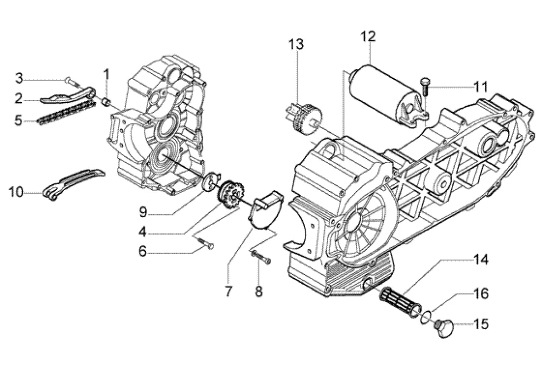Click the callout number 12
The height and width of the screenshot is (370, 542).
click(x=368, y=37)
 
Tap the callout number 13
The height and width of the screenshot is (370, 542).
click(x=296, y=44)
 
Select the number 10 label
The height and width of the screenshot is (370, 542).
click(x=16, y=192)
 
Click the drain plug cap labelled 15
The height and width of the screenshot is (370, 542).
click(x=445, y=327)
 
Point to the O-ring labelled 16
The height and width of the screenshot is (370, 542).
click(x=426, y=317)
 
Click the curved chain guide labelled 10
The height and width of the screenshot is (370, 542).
click(x=74, y=184)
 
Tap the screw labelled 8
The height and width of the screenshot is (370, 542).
click(x=261, y=258)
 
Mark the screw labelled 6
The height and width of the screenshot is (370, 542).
click(x=205, y=242)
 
